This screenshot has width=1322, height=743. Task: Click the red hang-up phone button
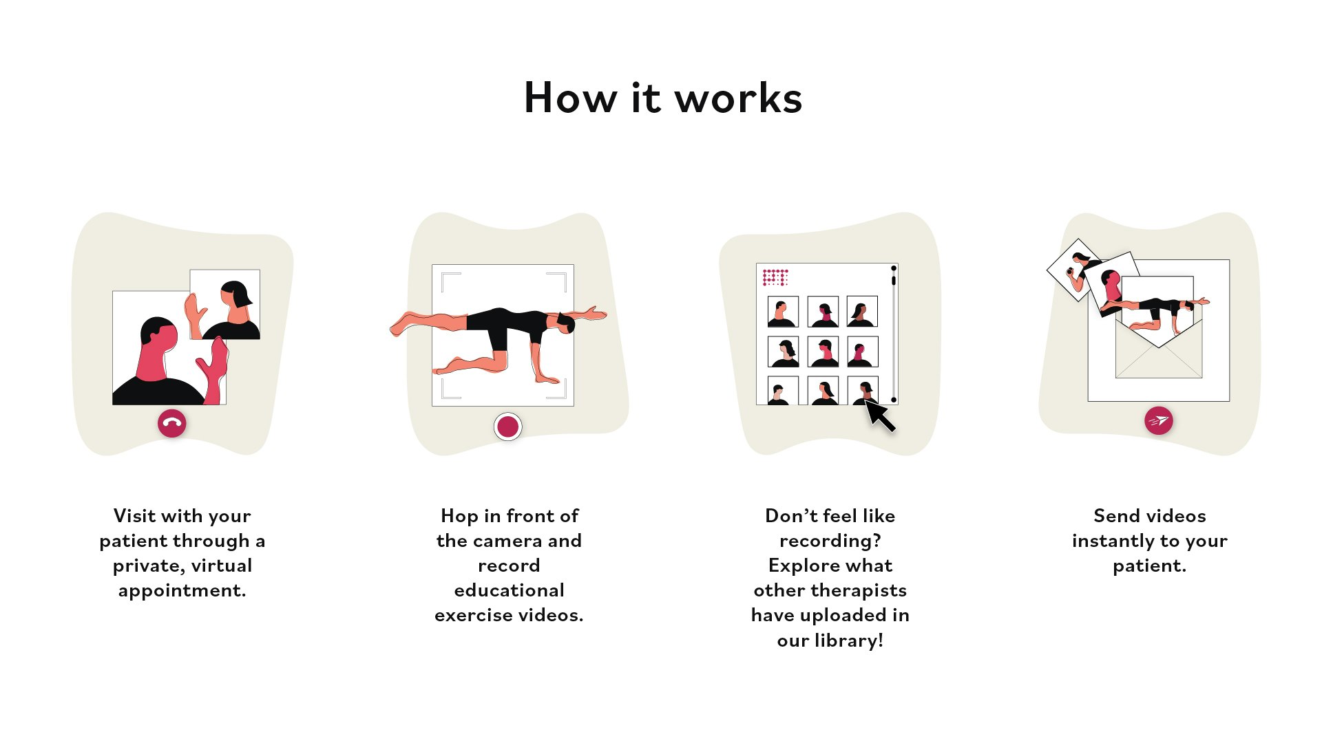pos(172,423)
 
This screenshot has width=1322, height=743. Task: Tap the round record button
pos(508,427)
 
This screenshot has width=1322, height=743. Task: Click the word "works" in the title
pos(738,98)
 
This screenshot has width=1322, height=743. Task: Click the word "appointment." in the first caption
pos(182,591)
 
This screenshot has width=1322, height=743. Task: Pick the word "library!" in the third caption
pos(848,641)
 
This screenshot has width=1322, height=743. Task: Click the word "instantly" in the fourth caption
pos(1113,541)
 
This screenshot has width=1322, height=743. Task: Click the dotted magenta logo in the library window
pos(775,277)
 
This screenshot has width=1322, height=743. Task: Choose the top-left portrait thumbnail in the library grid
pos(783,312)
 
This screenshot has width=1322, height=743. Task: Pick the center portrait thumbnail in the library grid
pos(823,352)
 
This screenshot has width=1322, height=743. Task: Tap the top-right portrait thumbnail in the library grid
pos(862,312)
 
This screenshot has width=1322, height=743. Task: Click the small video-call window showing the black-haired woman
pos(225,304)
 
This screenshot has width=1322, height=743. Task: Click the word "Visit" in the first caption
pos(134,516)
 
